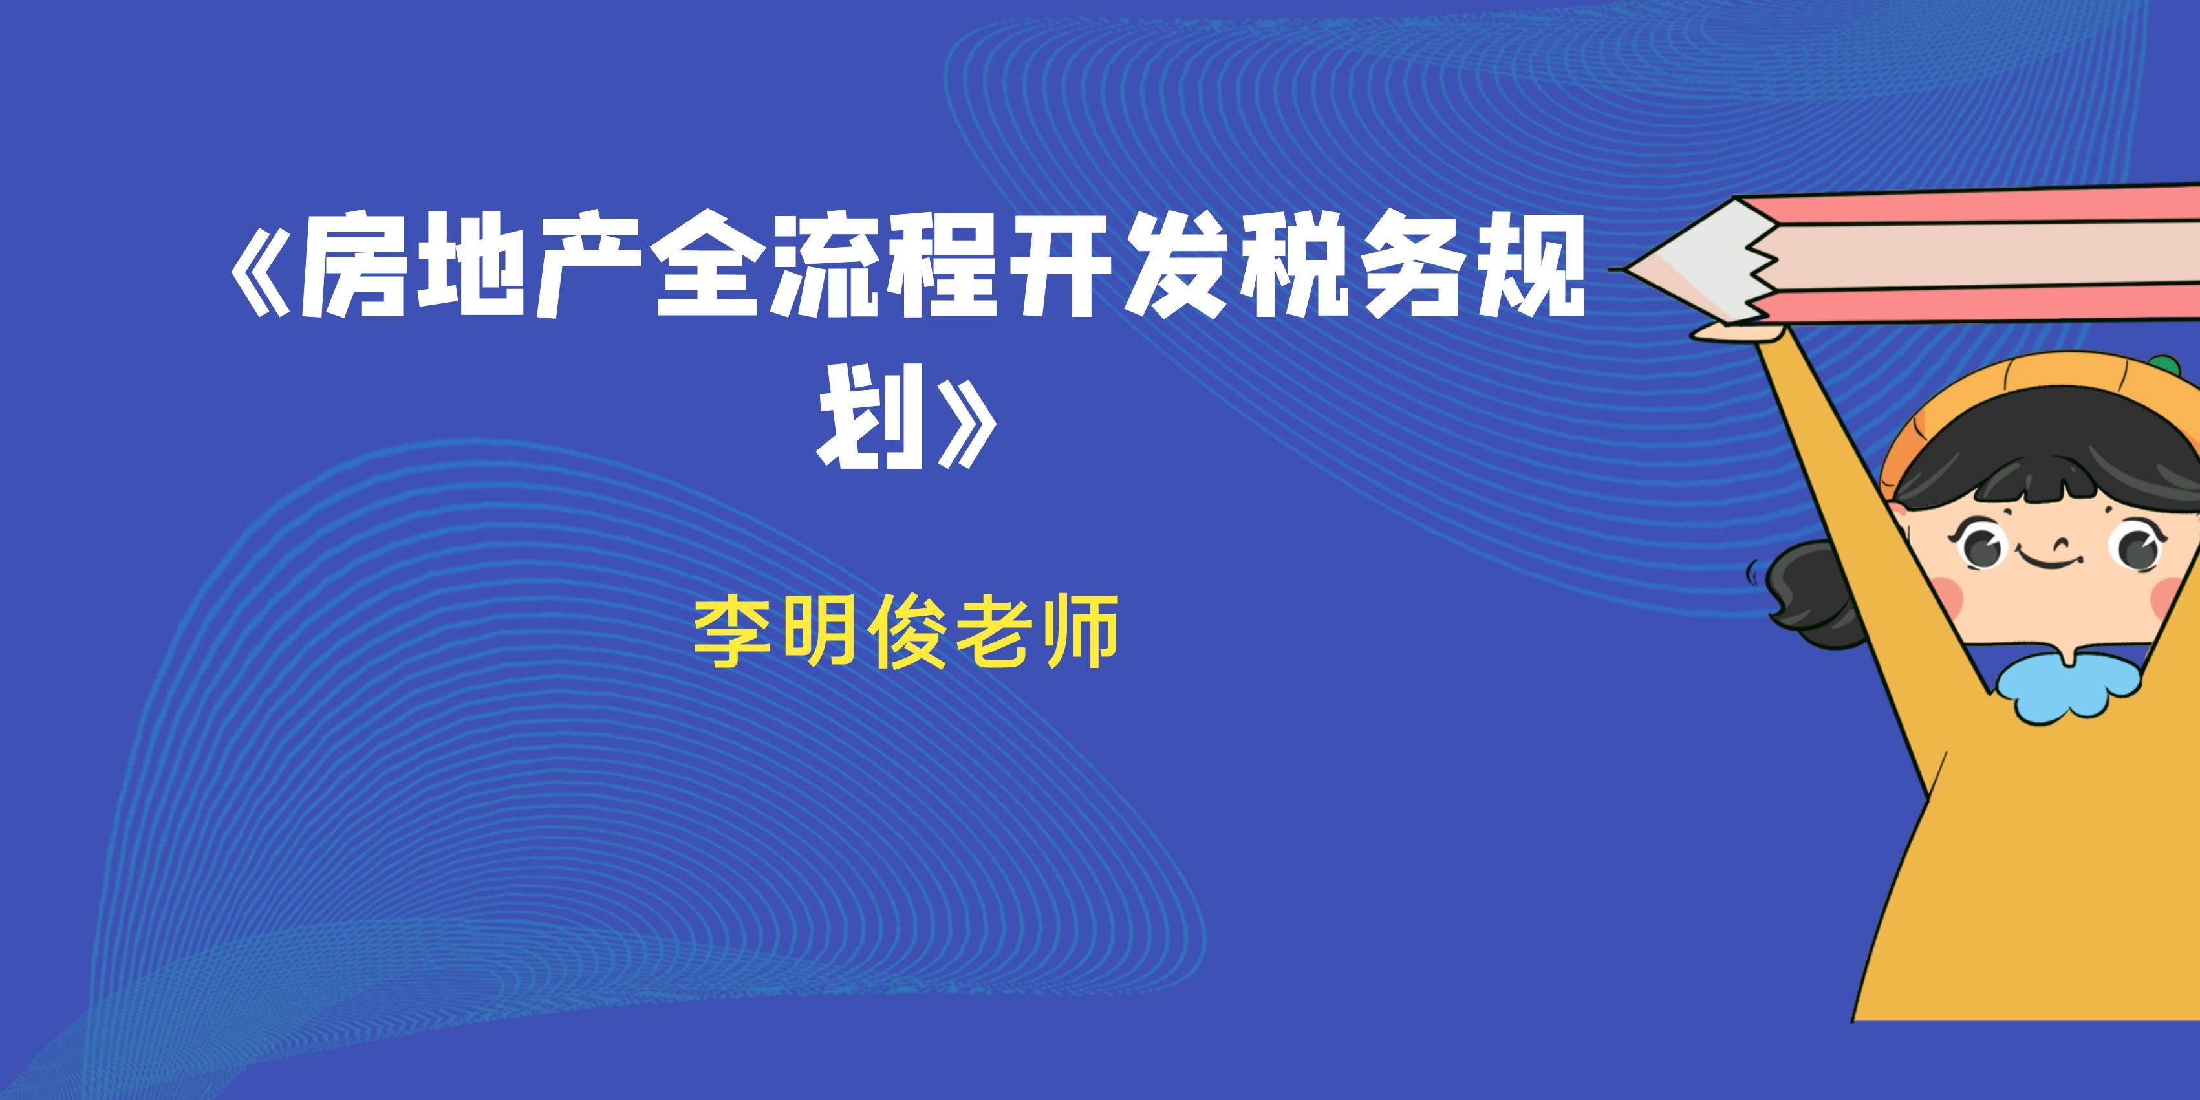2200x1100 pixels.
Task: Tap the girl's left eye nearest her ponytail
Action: [1983, 546]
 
